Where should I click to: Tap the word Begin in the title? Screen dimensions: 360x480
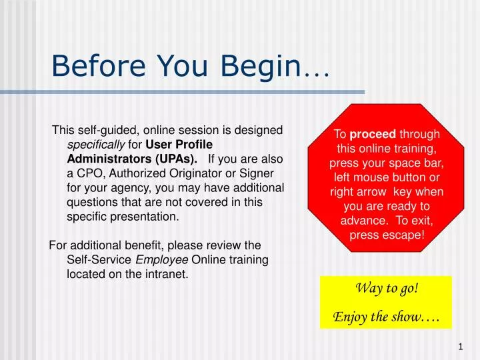(x=261, y=66)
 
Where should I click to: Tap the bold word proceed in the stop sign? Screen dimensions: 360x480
(x=377, y=135)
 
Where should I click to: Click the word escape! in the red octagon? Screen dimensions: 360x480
(x=401, y=235)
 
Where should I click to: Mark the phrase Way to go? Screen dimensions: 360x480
(x=386, y=289)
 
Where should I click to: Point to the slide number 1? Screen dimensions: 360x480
(x=461, y=347)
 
